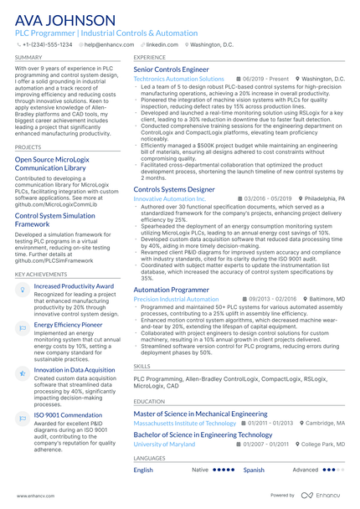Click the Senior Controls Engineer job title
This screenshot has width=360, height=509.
[x=172, y=69]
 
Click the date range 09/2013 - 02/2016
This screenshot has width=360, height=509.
[x=268, y=299]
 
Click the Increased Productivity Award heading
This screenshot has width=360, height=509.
[x=74, y=286]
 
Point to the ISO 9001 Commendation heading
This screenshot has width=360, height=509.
[x=68, y=414]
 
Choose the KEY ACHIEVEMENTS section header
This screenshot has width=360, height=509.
[x=39, y=274]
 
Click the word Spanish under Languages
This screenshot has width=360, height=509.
[x=254, y=470]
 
